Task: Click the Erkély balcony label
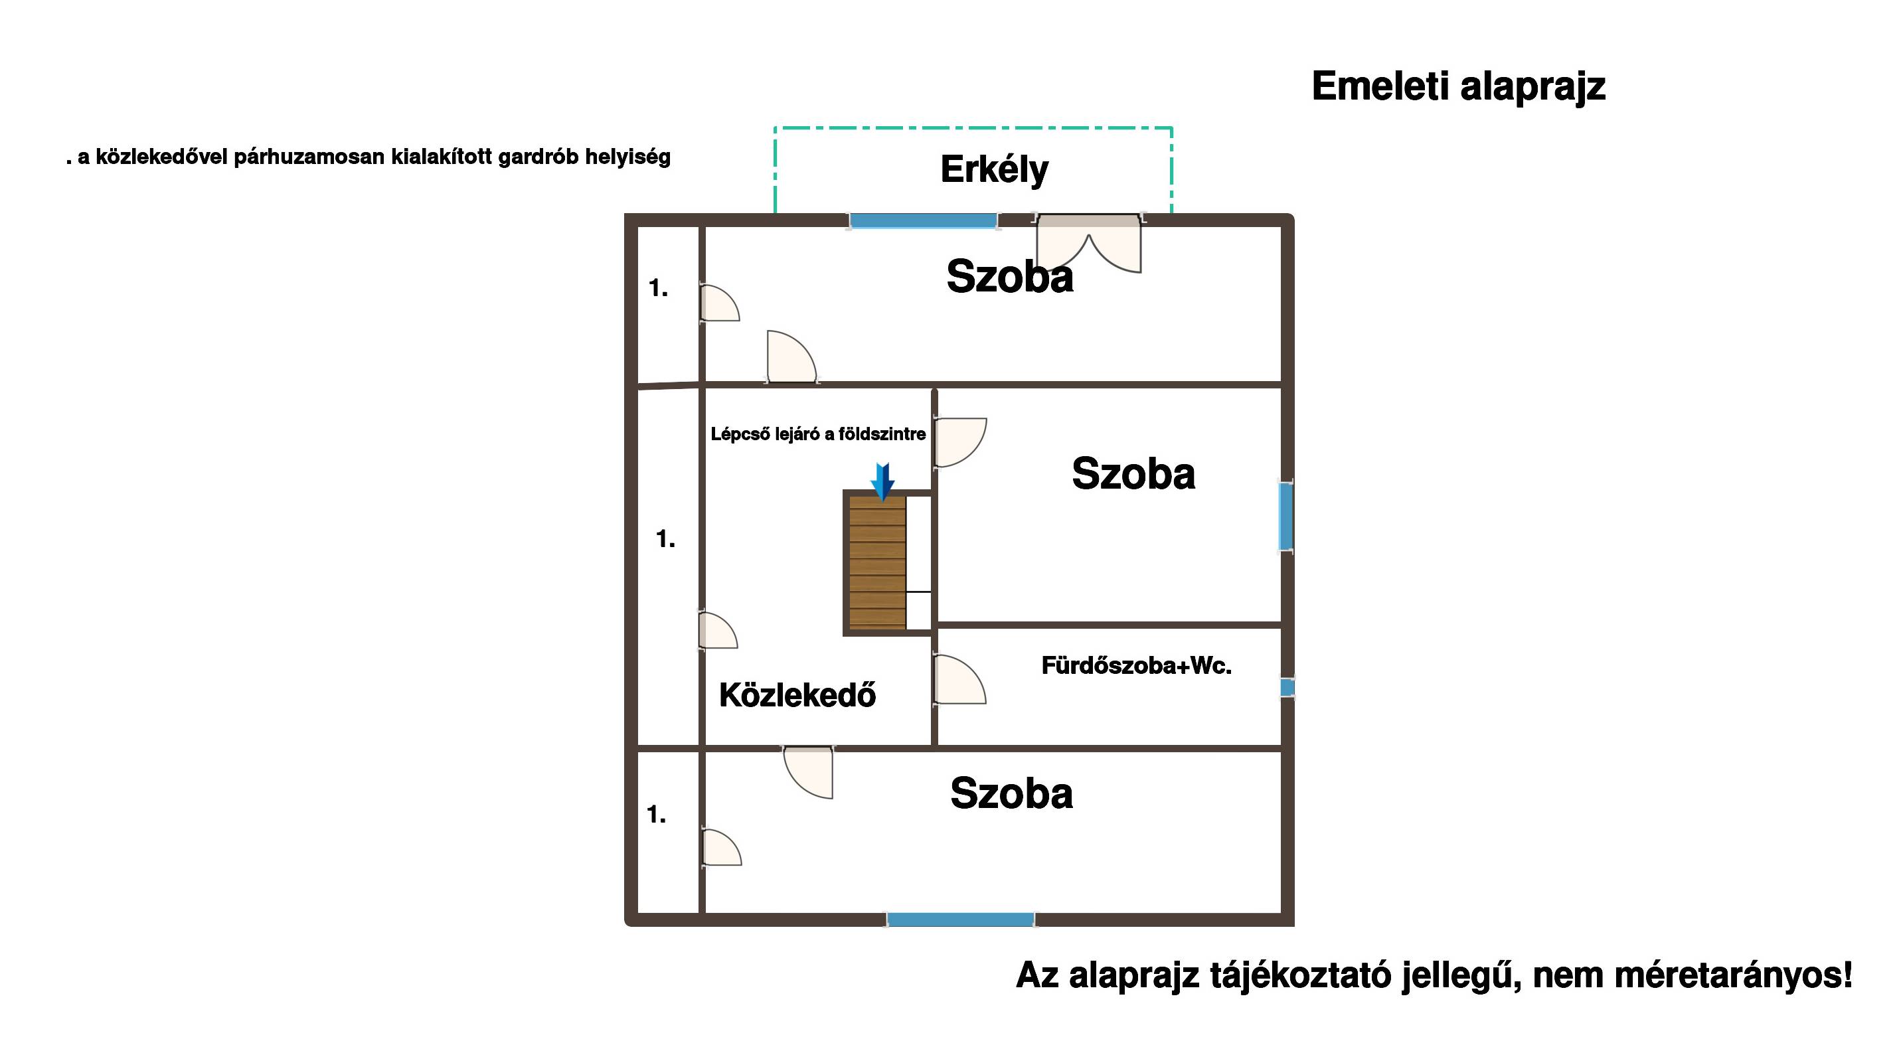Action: coord(994,170)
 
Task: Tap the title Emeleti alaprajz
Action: coord(1458,87)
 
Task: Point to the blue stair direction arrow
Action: coord(882,481)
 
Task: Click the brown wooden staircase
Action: coord(877,562)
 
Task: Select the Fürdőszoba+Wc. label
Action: coord(1136,666)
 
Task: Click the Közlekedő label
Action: coord(797,695)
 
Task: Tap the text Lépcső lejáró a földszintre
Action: coord(817,434)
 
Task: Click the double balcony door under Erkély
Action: coord(1089,243)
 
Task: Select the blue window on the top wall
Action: coord(923,220)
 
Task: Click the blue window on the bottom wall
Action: coord(960,920)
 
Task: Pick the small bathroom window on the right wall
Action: coord(1287,687)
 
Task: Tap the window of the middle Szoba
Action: coord(1286,516)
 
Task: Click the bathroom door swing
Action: coord(960,680)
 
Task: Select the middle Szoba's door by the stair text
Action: coord(960,442)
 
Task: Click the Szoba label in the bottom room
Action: coord(1011,794)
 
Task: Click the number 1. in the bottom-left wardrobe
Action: coord(656,815)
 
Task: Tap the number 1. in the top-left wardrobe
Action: coord(658,288)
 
